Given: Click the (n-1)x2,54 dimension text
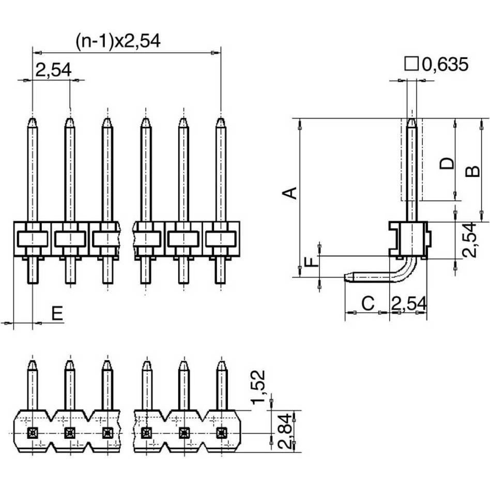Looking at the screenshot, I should pos(118,41).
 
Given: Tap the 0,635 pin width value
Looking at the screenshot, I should pos(445,65).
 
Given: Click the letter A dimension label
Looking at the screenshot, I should pos(290,193).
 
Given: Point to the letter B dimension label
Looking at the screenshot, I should pos(473,171).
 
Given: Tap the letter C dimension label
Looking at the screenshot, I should pos(367,304).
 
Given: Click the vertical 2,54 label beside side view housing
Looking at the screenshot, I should pos(468,240).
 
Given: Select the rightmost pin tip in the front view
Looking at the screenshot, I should pos(221,120).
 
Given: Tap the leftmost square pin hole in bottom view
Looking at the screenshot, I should pos(32,432).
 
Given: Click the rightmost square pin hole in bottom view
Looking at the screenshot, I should pos(221,432).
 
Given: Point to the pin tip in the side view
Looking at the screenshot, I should pos(411,120).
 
